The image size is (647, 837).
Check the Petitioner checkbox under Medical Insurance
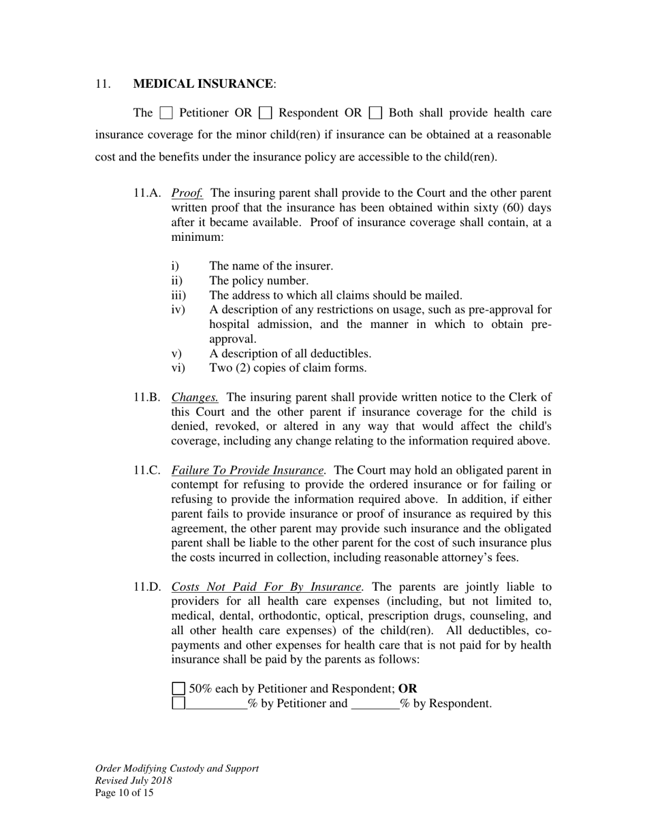[x=166, y=113]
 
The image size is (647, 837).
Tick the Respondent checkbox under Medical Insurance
[x=266, y=113]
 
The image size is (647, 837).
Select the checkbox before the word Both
[x=375, y=113]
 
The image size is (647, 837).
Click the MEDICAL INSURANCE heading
[x=203, y=84]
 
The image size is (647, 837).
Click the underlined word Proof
[x=187, y=193]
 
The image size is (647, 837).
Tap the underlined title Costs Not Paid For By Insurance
[x=266, y=587]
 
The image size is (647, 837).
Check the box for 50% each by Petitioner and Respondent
[x=178, y=689]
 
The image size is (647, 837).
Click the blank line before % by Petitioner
[x=217, y=704]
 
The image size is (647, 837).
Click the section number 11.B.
[x=147, y=397]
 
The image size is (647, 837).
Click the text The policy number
[x=259, y=280]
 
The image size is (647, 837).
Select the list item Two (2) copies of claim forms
[x=287, y=368]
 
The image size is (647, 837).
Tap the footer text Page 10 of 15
[x=124, y=793]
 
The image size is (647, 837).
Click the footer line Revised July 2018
[x=133, y=781]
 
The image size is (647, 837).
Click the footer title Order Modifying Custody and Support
[x=177, y=768]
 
